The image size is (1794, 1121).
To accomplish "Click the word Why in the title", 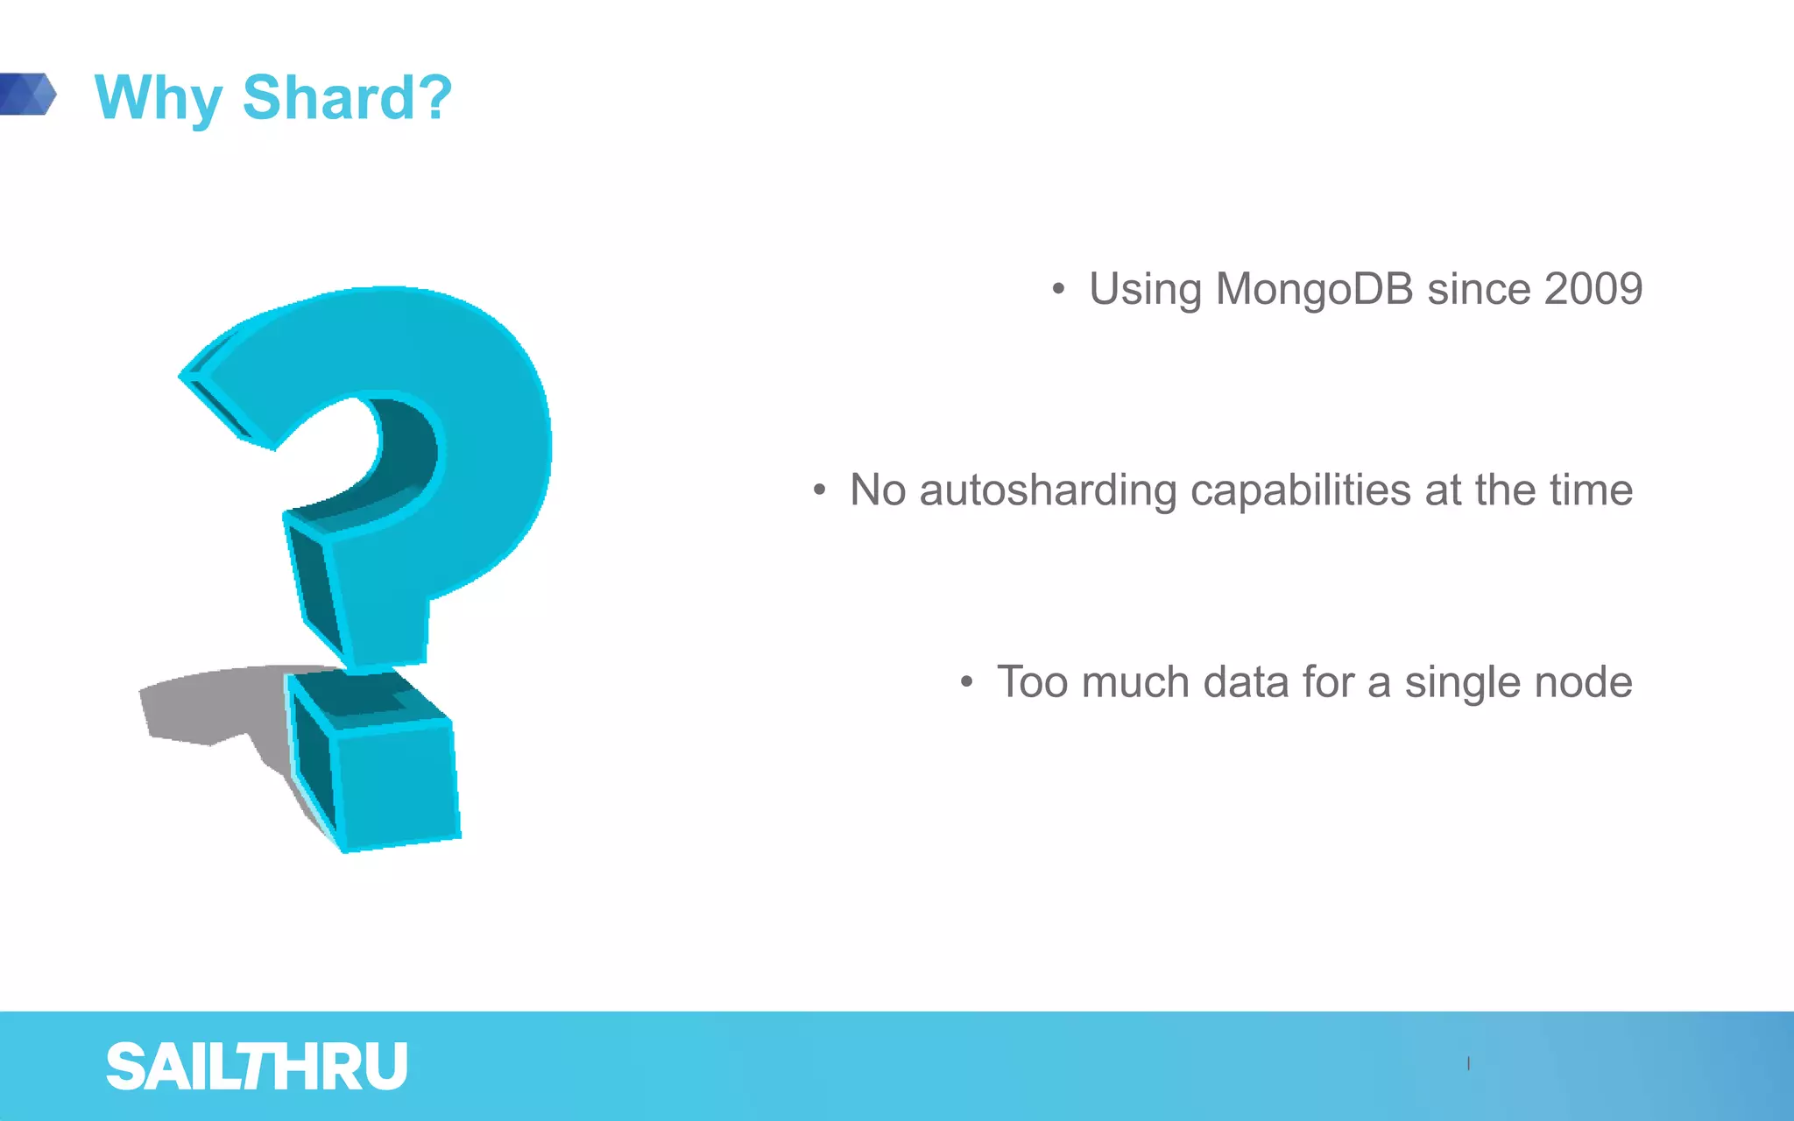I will (x=158, y=98).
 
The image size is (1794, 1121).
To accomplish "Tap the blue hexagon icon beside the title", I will (x=30, y=94).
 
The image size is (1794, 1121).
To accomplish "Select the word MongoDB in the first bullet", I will (x=1314, y=289).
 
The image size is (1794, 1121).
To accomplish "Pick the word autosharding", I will (x=1048, y=490).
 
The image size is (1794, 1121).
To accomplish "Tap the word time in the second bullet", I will (x=1591, y=490).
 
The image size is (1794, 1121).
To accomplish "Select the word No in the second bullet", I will (x=877, y=490).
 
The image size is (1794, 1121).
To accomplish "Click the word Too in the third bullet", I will (x=1032, y=682).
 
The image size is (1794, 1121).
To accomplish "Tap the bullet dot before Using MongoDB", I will (x=1058, y=289).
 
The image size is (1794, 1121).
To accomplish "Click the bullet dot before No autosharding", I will (x=819, y=490).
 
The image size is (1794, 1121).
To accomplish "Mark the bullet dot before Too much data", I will (x=966, y=681).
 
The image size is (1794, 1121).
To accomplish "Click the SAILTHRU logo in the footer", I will (x=257, y=1067).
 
